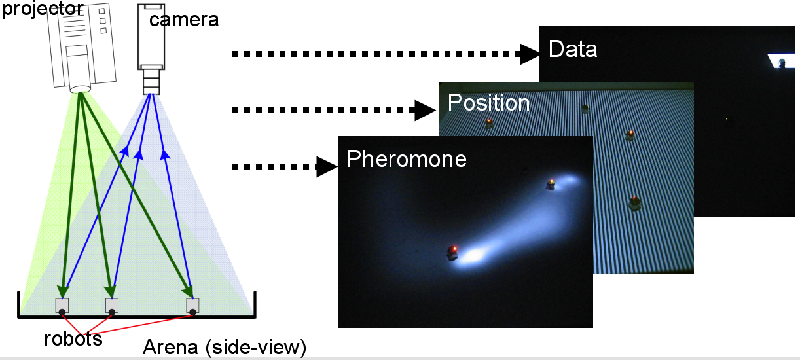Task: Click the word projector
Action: [43, 9]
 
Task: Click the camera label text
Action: [184, 20]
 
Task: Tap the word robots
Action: [73, 338]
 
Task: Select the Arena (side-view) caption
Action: [225, 347]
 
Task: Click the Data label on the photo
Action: [573, 49]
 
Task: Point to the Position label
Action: [488, 103]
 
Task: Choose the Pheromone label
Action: [407, 159]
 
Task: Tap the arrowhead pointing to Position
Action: [426, 111]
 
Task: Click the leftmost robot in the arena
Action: [62, 306]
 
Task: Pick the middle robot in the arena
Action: [112, 306]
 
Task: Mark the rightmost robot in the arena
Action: [192, 306]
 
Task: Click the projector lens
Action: [80, 89]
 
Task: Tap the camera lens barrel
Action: [151, 81]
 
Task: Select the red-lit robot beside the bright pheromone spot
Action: [452, 252]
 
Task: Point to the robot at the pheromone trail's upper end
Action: [551, 185]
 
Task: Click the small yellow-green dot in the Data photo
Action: [727, 118]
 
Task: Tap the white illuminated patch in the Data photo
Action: [782, 61]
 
